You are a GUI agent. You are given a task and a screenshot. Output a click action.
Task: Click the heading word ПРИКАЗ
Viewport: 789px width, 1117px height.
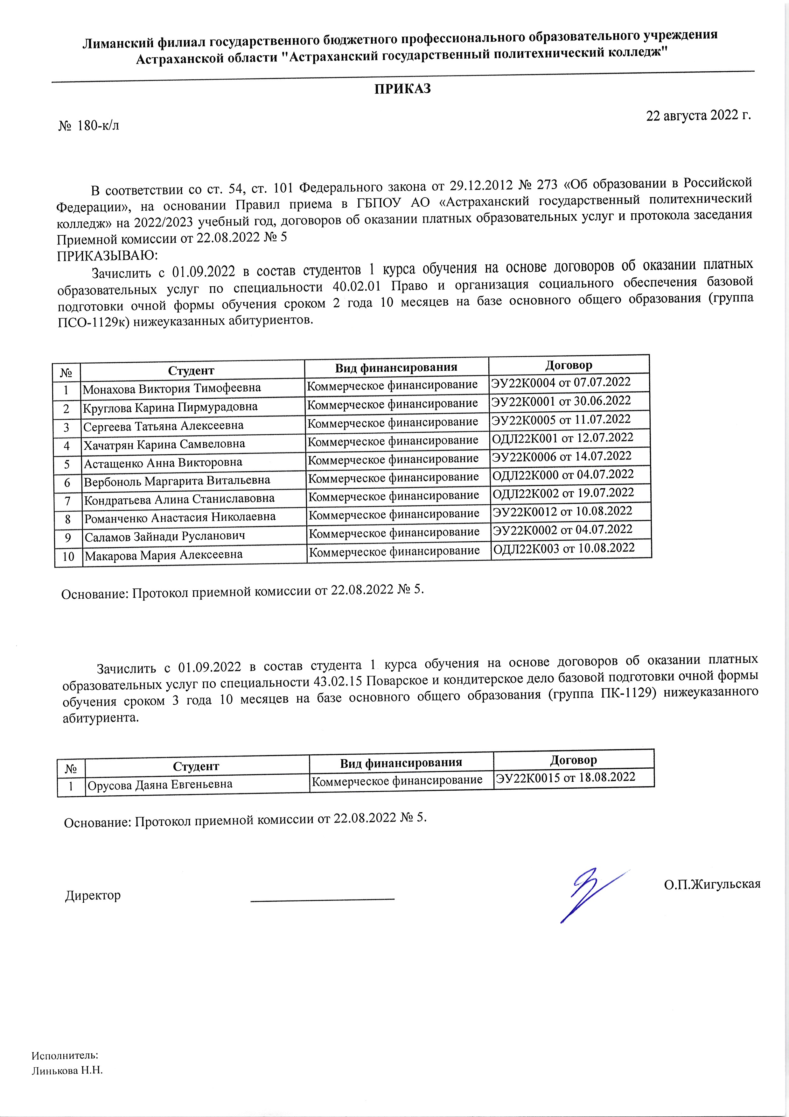click(x=402, y=89)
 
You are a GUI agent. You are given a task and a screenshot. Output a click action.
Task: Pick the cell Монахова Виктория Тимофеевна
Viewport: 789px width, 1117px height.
click(x=172, y=388)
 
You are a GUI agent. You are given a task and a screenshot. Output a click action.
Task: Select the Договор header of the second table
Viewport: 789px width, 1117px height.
click(x=573, y=759)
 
